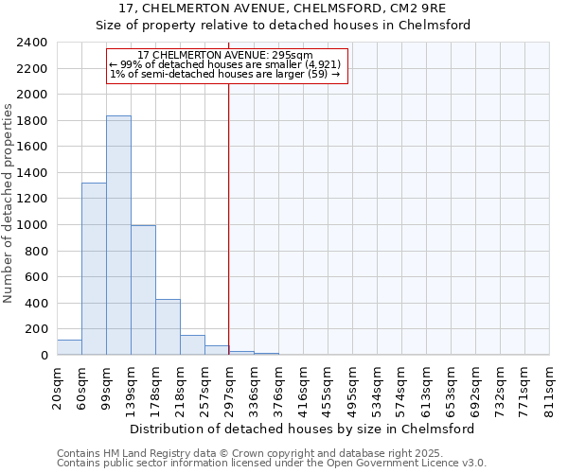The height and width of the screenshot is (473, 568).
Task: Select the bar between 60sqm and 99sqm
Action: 94,269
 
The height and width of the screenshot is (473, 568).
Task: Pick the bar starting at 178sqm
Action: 168,327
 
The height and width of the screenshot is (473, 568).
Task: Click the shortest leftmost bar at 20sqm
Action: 69,347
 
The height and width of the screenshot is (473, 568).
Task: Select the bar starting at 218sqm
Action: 192,345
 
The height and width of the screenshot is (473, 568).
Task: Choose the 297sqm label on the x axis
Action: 229,386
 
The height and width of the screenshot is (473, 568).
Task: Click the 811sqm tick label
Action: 549,386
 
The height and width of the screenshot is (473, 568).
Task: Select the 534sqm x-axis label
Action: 377,386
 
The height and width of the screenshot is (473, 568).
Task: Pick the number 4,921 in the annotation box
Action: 321,64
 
